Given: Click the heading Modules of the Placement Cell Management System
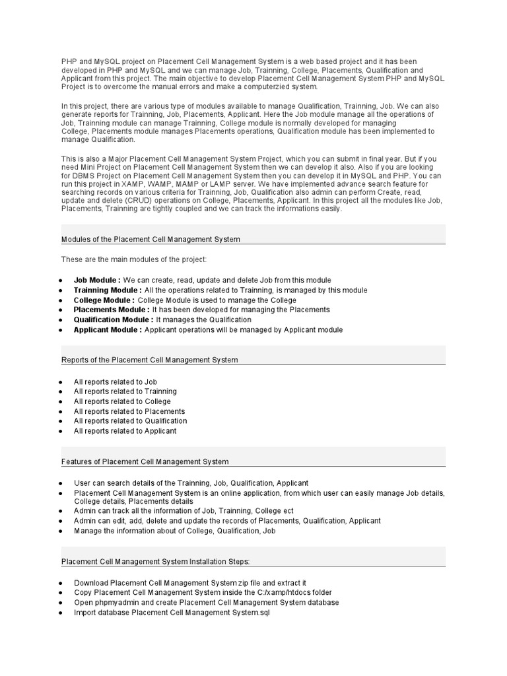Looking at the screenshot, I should click(x=151, y=239).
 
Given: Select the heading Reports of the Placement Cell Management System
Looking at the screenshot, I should click(x=149, y=360).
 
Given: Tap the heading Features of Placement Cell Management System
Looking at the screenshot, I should click(x=145, y=461).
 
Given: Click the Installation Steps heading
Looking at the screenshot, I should click(x=155, y=562).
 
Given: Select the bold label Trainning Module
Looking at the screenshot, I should click(x=108, y=290).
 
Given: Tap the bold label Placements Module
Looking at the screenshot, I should click(x=111, y=310).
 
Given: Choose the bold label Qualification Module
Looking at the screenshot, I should click(x=114, y=320).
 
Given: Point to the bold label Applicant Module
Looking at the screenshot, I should click(x=108, y=329).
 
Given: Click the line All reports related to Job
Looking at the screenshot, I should click(x=115, y=382).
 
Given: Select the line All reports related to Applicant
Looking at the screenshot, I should click(x=125, y=431).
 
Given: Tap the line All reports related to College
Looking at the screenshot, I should click(x=122, y=401).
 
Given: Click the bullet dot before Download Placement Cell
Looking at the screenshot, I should click(x=60, y=584).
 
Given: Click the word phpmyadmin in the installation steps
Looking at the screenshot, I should click(x=116, y=603).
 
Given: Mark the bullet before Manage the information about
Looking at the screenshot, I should click(x=60, y=531).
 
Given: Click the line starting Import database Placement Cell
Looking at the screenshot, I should click(x=172, y=613).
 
